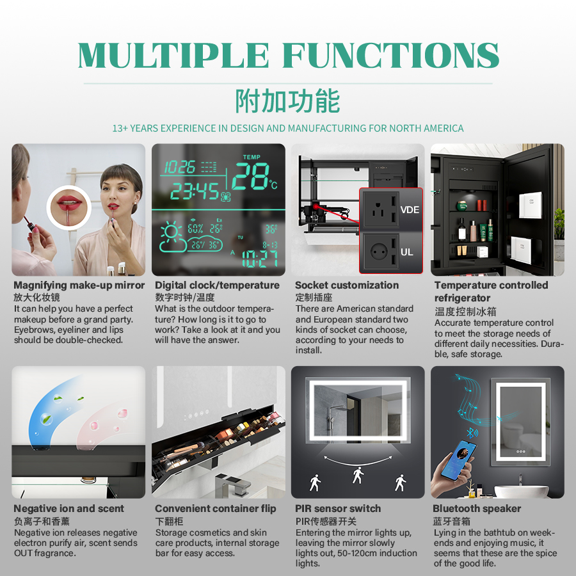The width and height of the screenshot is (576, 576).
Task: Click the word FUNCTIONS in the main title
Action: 391,55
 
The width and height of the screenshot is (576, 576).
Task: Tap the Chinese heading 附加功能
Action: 287,101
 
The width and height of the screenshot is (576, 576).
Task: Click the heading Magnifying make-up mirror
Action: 79,285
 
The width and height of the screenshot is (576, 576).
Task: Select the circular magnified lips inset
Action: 68,207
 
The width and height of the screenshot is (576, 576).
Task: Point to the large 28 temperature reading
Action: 252,177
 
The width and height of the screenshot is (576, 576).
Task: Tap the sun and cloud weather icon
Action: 173,237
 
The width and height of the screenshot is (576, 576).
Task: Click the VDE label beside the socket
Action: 410,210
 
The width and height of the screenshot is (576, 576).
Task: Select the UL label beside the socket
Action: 406,252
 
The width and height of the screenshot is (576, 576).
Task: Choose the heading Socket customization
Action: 347,285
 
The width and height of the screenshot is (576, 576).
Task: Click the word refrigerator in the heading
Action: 462,298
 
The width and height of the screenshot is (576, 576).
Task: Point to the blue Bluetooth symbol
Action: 470,433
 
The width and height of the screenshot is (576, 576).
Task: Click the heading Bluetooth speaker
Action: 477,509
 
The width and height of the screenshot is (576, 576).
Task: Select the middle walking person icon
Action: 358,475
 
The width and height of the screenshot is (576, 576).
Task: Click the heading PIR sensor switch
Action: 338,509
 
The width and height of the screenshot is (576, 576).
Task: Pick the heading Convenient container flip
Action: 216,509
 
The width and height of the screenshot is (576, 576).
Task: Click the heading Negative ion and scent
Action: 69,509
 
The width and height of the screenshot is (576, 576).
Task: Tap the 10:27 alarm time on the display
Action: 259,259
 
